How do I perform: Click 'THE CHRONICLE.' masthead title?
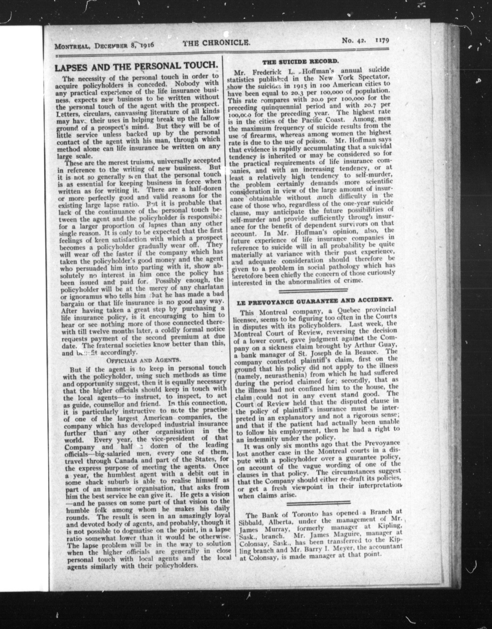click(x=216, y=43)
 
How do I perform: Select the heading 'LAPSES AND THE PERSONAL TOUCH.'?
click(x=136, y=67)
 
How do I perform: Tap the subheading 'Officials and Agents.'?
click(x=144, y=360)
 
